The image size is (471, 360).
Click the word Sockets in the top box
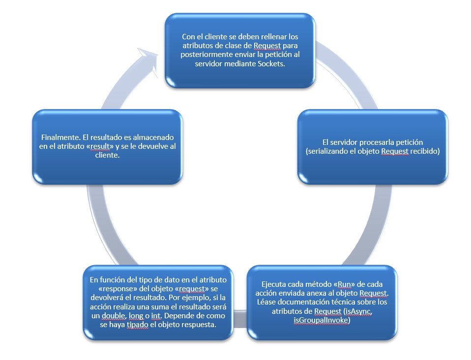[x=271, y=64]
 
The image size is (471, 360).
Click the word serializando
[x=327, y=151]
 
